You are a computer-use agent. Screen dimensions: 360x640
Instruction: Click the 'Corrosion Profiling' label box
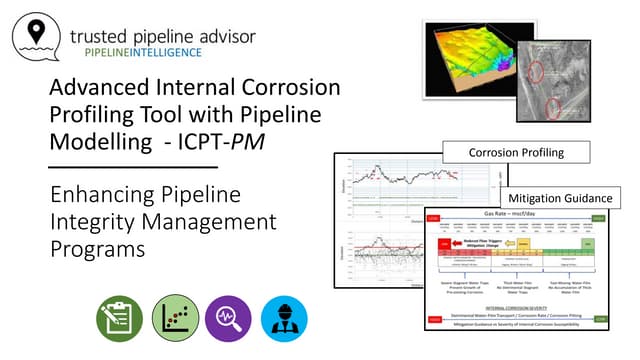click(517, 154)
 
